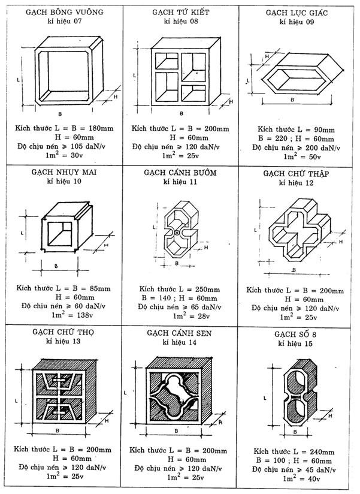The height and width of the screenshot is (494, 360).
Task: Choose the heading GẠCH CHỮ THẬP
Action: coord(298,173)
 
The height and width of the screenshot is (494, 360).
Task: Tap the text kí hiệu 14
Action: coord(180,342)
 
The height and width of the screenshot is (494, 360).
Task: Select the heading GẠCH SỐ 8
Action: coord(298,333)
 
